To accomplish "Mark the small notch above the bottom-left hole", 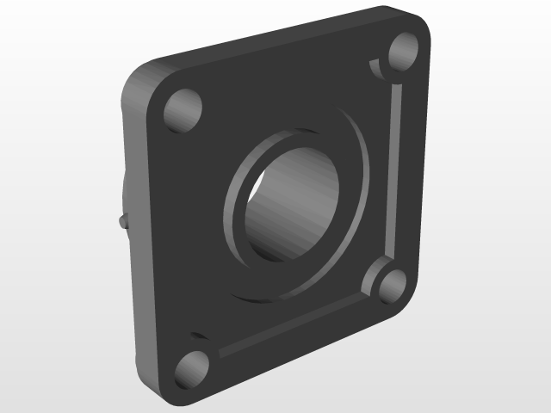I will coord(197,335).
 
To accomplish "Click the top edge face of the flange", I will coord(275,39).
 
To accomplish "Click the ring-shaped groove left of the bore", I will coord(234,206).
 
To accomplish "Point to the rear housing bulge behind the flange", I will coord(125,194).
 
